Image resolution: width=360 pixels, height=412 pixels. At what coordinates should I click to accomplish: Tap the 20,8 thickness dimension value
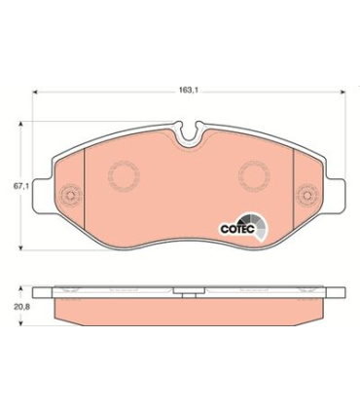coord(21,306)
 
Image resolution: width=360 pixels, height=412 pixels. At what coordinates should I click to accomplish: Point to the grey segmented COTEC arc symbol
coord(258,226)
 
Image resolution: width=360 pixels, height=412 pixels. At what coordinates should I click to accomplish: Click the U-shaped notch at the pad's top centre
coord(189,133)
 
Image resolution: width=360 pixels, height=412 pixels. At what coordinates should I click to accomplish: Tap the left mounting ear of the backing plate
coord(43,196)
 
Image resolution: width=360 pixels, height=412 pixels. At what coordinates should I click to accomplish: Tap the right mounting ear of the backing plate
coord(336,196)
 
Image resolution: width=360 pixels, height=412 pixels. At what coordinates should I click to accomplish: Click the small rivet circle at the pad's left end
coord(70,196)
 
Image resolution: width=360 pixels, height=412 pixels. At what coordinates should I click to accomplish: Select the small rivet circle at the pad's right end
coord(307,196)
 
